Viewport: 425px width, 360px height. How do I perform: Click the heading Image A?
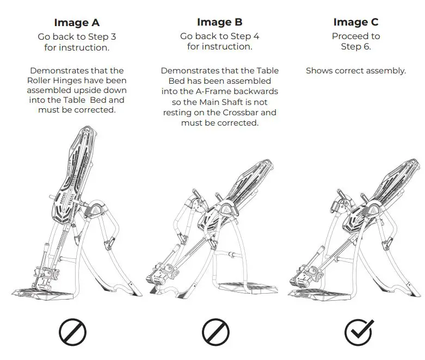(77, 22)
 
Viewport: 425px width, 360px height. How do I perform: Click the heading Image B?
(219, 22)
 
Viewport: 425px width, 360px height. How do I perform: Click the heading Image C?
(355, 22)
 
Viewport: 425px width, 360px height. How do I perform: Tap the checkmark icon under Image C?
(359, 332)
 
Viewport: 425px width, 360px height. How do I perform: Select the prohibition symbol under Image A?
(72, 332)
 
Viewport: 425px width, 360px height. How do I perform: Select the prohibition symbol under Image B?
(215, 332)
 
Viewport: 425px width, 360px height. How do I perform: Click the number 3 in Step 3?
(113, 36)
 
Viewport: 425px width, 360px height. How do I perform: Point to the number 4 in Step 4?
(256, 36)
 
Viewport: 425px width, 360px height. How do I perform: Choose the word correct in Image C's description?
(347, 71)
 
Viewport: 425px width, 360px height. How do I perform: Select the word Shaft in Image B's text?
(232, 102)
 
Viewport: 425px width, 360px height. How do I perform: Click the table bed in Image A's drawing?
(73, 176)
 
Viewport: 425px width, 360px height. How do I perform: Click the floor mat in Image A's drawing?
(44, 294)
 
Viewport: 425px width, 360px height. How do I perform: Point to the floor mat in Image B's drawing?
(248, 288)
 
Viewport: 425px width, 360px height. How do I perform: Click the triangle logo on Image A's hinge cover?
(96, 209)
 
